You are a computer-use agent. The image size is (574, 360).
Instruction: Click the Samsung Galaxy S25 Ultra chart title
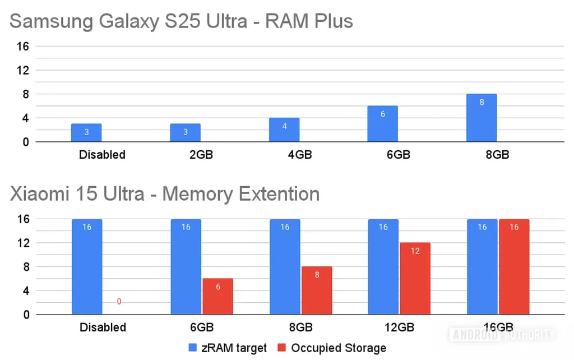[181, 21]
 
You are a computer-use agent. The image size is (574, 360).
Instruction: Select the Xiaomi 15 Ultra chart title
[165, 194]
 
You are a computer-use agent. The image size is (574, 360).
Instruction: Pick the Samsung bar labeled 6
[383, 124]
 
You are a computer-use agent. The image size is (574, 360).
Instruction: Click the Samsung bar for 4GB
[284, 130]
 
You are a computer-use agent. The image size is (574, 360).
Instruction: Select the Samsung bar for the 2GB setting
[186, 133]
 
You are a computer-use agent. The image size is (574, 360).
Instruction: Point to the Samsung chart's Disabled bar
[86, 133]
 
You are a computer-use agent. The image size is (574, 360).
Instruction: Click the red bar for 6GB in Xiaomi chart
[218, 297]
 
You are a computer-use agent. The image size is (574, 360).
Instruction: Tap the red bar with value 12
[415, 279]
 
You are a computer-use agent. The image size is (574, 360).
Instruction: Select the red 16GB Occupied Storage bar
[514, 267]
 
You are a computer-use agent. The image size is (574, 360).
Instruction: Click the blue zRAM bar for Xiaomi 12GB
[383, 267]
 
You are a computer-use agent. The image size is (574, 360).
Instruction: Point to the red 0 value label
[119, 302]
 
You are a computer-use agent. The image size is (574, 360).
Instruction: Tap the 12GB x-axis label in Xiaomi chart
[399, 327]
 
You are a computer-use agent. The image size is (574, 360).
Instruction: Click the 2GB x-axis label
[201, 154]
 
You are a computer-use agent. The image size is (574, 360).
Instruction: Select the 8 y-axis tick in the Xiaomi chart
[25, 267]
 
